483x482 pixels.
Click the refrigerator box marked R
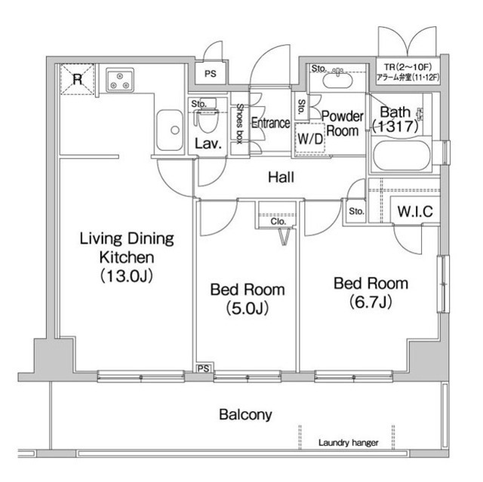pos(77,79)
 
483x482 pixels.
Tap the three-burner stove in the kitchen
pos(120,80)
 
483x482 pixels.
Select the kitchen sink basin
pos(169,130)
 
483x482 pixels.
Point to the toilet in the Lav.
pos(207,121)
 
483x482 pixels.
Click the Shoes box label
pos(240,124)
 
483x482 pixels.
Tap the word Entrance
pos(270,123)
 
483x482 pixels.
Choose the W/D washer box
pos(310,138)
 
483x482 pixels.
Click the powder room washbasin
pos(337,79)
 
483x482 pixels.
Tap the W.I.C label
pos(415,211)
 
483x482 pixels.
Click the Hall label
pos(281,177)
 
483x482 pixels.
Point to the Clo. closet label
pos(278,221)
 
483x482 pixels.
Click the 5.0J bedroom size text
pos(248,309)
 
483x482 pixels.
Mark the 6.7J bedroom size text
pos(371,302)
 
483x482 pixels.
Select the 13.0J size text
pos(127,276)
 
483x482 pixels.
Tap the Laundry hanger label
pos(348,443)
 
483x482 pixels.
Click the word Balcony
pos(245,415)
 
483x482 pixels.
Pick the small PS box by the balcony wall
pos(204,368)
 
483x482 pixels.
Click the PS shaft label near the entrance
pos(211,74)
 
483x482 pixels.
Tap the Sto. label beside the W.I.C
pos(356,211)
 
